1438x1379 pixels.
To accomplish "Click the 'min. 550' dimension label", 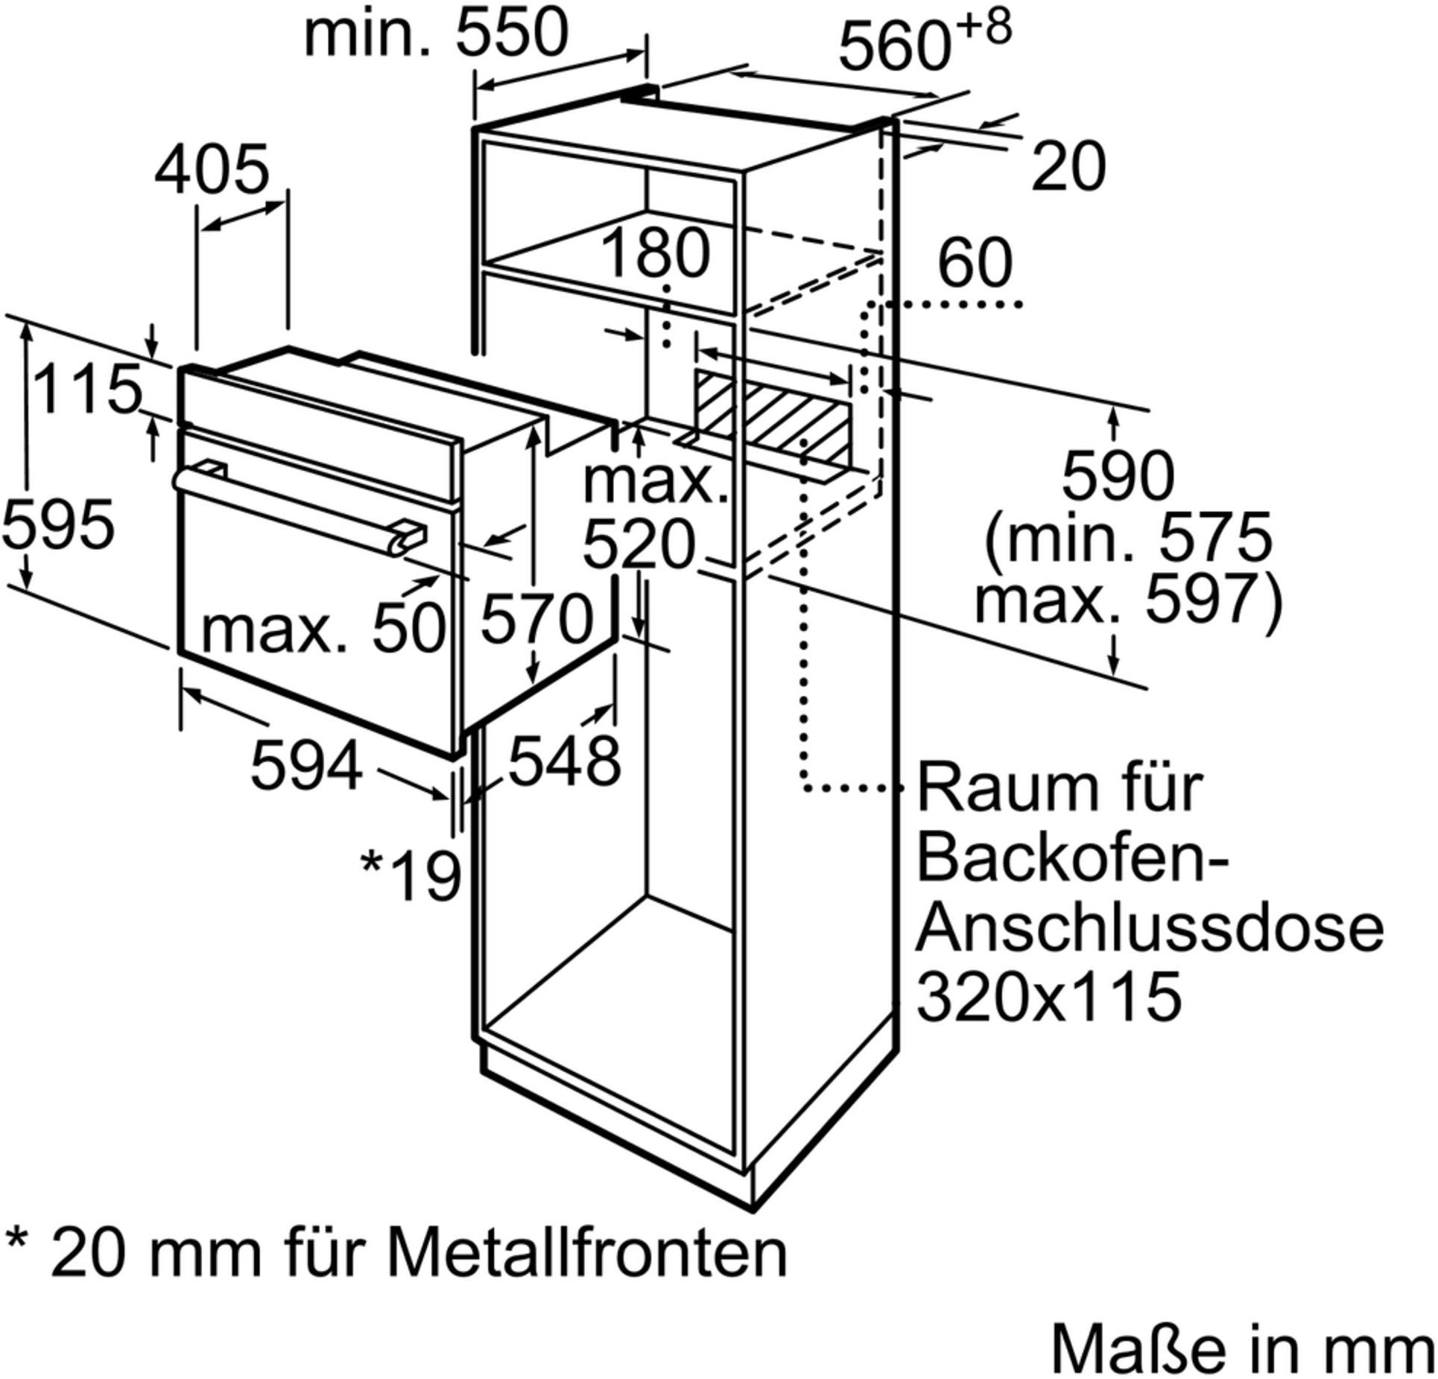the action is point(437,34).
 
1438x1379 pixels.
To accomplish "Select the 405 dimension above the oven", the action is point(212,170).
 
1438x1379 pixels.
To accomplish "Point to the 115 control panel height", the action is point(88,388).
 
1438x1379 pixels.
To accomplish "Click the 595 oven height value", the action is point(59,524).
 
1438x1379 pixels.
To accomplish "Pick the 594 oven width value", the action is point(307,765).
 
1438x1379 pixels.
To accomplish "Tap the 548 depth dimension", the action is point(564,761).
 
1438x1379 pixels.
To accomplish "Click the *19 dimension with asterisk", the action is point(411,876).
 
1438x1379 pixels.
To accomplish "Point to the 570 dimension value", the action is point(536,619).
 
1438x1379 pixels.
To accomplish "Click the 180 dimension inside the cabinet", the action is point(655,253).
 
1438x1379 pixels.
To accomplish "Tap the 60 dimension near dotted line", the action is point(975,262).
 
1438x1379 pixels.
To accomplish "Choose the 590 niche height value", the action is point(1118,476).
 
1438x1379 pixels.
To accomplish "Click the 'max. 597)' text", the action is point(1129,600).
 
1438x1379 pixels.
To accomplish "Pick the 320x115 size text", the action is point(1049,996).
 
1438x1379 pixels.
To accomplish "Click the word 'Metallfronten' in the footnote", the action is point(588,1255).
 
